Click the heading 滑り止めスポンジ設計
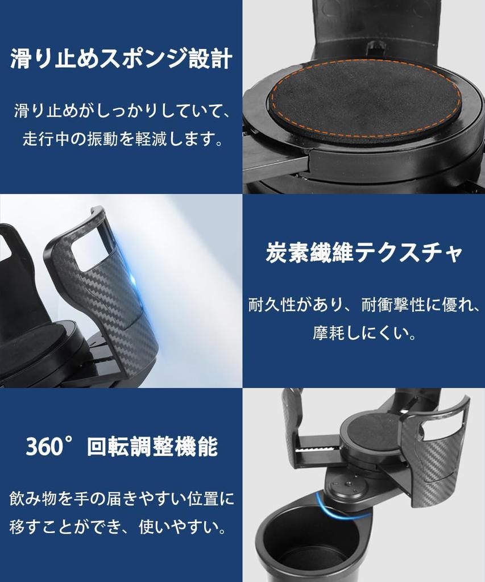[121, 59]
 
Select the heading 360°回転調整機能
[121, 447]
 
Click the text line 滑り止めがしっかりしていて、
[121, 111]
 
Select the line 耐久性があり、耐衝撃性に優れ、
[364, 305]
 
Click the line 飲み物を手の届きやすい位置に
[121, 499]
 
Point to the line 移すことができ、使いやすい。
[121, 527]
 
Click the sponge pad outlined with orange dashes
[364, 99]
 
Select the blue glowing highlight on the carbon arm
[132, 280]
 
